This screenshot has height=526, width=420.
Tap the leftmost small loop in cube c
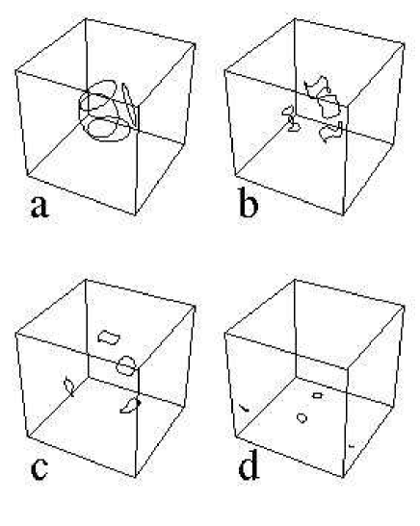[69, 386]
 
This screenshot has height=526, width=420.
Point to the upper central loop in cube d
[317, 394]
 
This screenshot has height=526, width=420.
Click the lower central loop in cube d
[302, 417]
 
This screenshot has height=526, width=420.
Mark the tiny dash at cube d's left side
[245, 410]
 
